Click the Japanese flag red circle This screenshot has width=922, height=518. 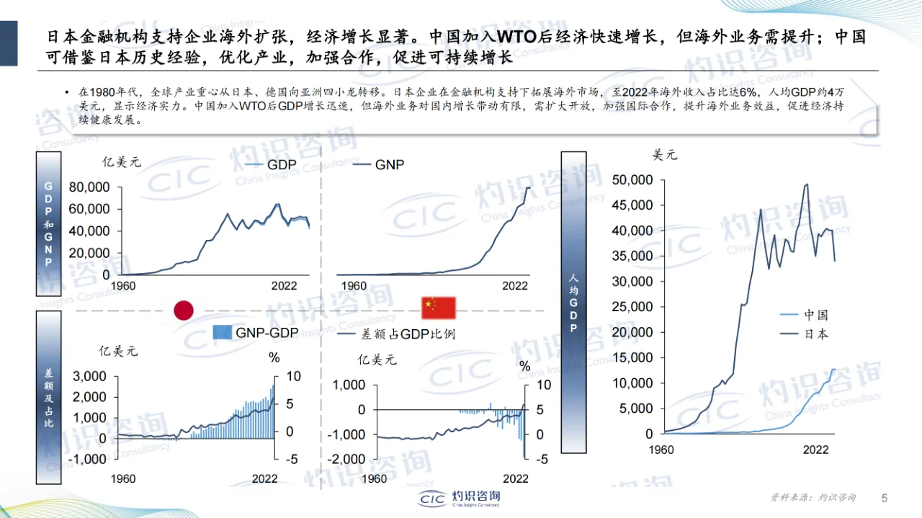pyautogui.click(x=184, y=310)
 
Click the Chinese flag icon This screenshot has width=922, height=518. pyautogui.click(x=439, y=308)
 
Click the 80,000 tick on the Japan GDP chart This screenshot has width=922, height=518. pyautogui.click(x=89, y=187)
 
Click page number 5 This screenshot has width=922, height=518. pyautogui.click(x=885, y=498)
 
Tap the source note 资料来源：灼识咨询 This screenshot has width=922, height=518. pyautogui.click(x=813, y=498)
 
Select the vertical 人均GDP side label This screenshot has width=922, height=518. pyautogui.click(x=573, y=303)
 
